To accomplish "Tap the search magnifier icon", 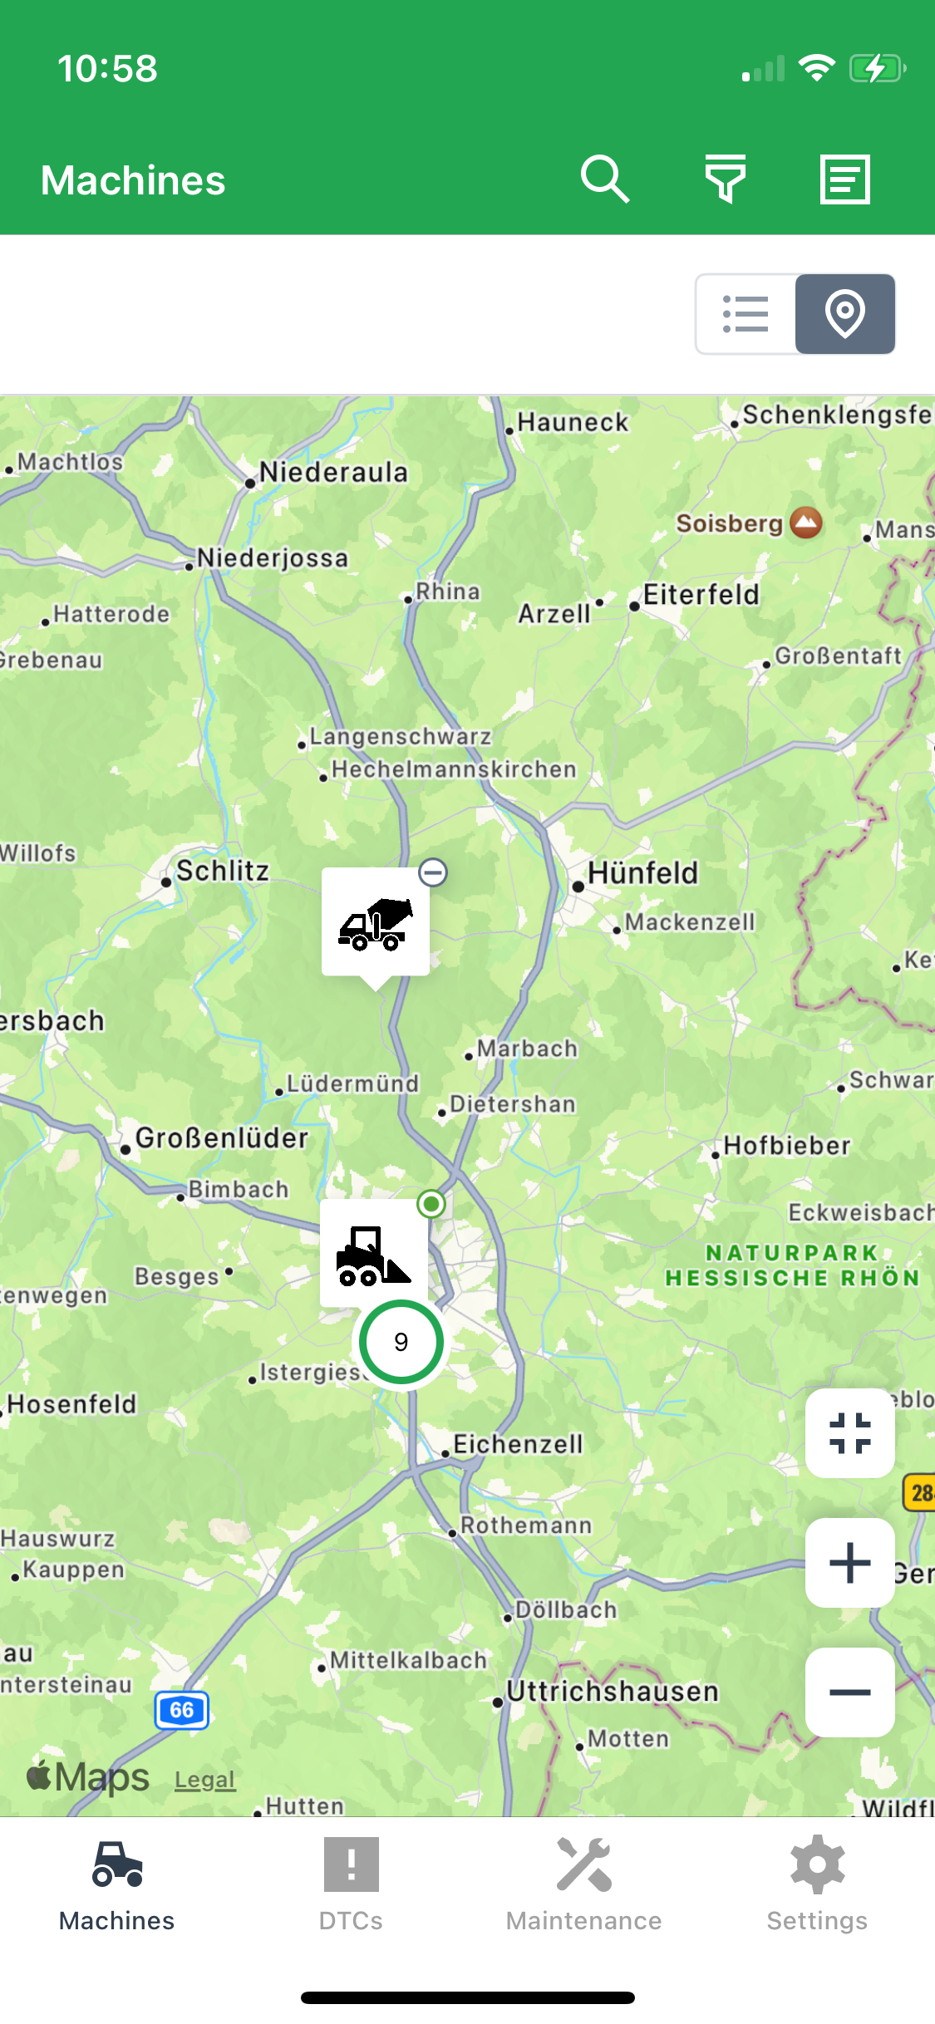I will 605,179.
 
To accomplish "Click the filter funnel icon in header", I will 726,179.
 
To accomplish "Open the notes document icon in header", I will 845,179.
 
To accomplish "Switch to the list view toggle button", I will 746,314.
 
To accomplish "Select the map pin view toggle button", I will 845,314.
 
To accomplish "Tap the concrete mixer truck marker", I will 376,922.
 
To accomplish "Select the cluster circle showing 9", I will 401,1342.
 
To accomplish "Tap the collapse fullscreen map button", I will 850,1433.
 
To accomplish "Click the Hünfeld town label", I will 642,873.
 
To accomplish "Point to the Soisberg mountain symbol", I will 805,523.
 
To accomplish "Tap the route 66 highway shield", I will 182,1710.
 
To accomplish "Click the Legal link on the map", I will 204,1780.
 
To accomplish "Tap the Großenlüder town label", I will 221,1138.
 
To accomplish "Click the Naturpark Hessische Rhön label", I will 792,1265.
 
